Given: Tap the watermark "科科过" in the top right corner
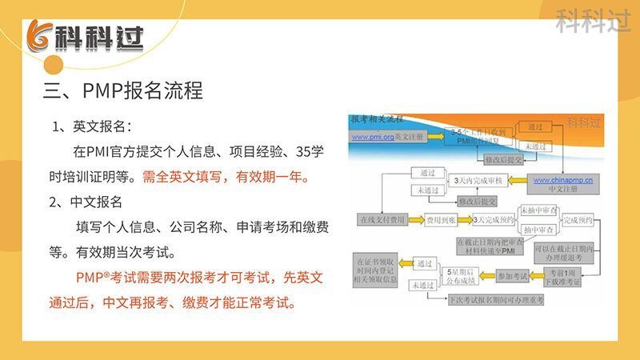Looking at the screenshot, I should [593, 22].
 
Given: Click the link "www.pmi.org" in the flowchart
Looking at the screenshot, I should [372, 137].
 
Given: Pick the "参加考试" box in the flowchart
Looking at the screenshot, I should [512, 276].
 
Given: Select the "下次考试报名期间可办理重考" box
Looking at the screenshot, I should [495, 299].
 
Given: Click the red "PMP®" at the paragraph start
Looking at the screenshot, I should [96, 278].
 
